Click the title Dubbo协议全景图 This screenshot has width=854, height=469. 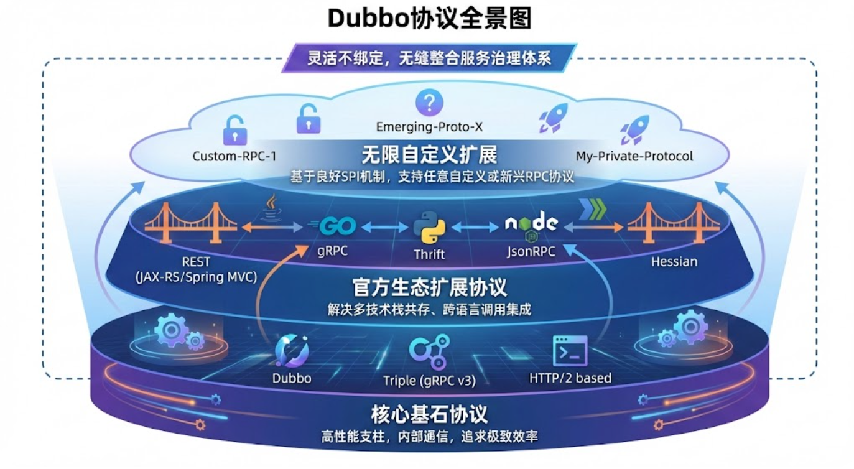coord(429,19)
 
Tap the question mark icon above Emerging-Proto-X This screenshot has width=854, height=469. coord(429,101)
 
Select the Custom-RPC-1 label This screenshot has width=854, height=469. coord(234,156)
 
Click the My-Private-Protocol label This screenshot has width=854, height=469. coord(634,156)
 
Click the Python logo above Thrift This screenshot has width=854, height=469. coord(429,228)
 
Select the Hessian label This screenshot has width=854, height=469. coord(674,261)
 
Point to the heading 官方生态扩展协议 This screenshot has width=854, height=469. coord(429,287)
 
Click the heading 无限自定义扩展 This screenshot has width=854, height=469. coord(429,154)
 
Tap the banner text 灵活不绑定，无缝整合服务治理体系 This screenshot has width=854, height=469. coord(429,58)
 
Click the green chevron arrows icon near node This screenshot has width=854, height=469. coord(591,210)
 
